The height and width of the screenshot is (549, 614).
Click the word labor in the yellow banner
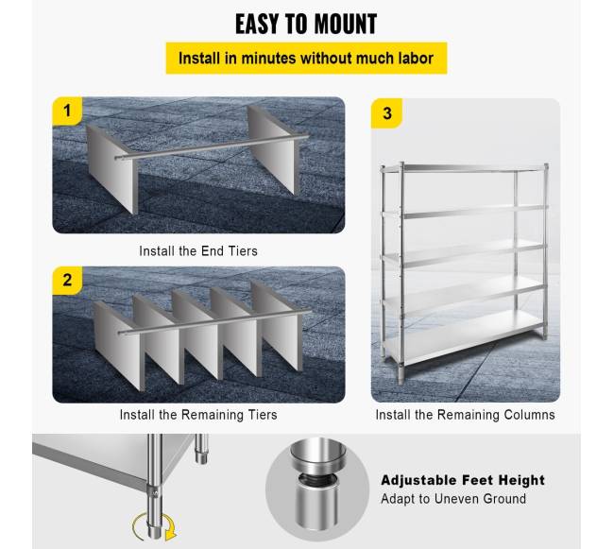416,58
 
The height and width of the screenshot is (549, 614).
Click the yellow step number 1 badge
67,112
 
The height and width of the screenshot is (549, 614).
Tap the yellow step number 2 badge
67,281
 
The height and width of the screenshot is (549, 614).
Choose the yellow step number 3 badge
387,113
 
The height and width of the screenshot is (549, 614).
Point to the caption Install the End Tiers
198,251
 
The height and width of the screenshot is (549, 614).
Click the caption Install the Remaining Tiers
198,415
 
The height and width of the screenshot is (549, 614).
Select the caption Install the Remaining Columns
465,415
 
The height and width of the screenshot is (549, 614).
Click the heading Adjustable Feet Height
463,480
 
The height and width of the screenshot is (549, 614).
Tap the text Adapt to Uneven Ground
453,499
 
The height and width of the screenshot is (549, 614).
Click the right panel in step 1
273,149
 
